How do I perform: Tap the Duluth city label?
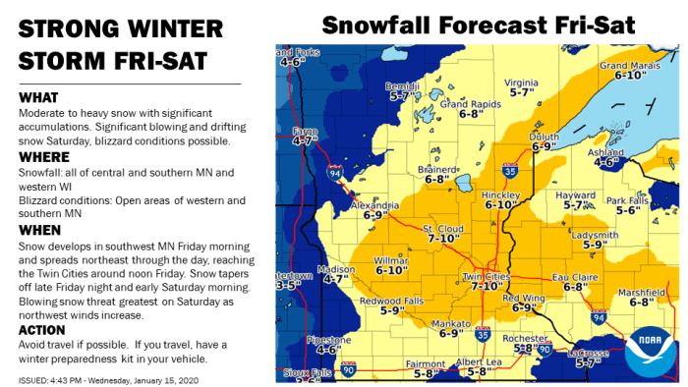pos(544,136)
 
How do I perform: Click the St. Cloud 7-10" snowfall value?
pos(441,239)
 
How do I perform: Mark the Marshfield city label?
pos(643,293)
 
